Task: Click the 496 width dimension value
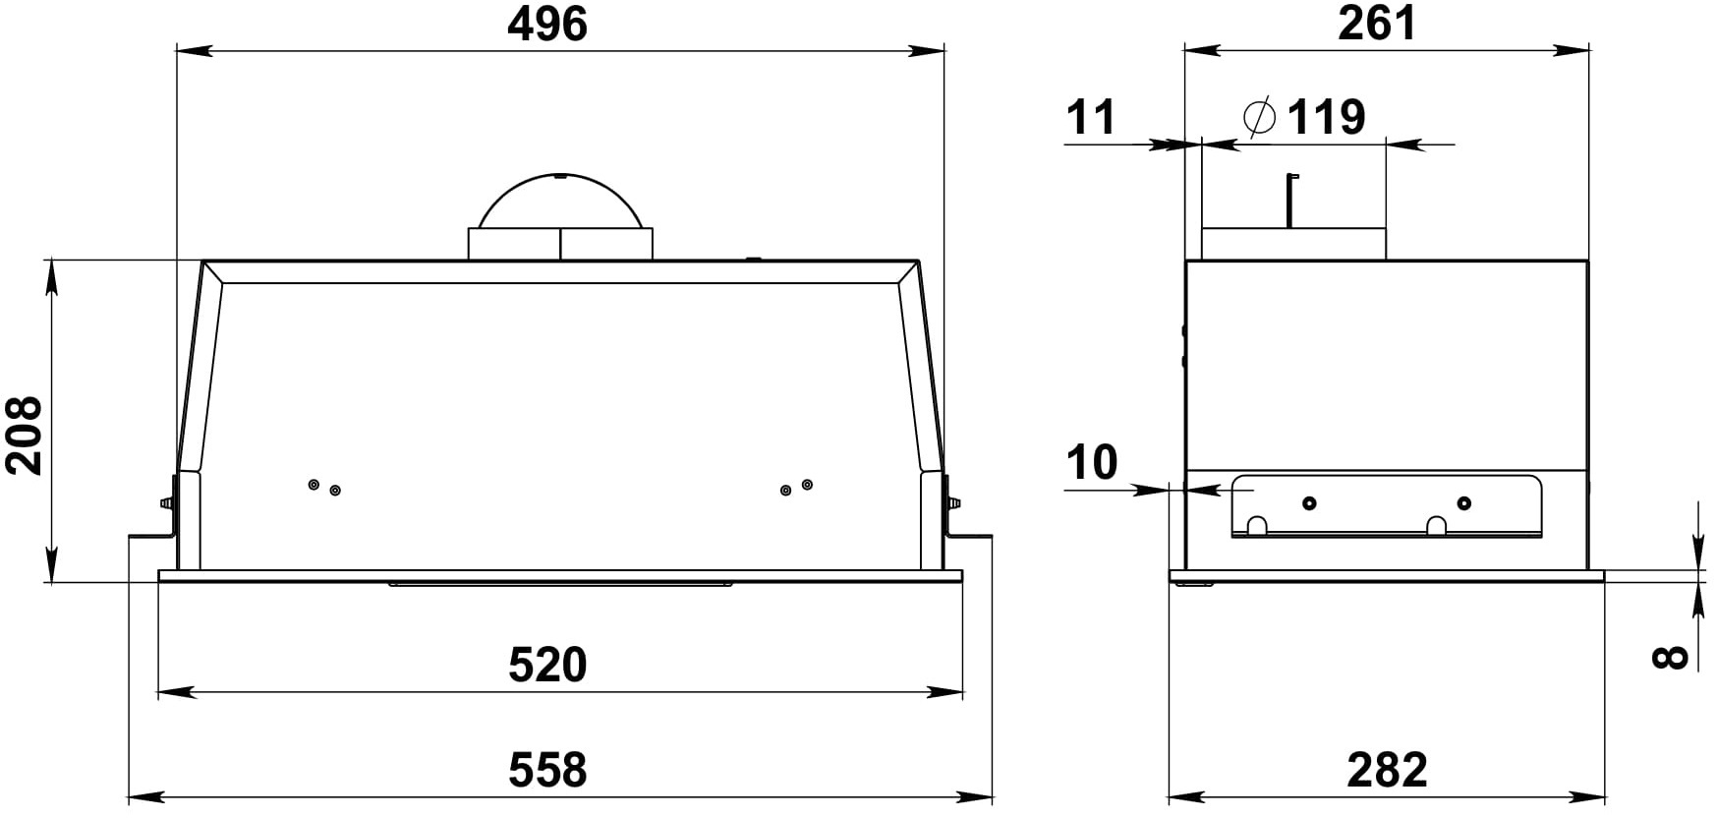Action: pyautogui.click(x=547, y=24)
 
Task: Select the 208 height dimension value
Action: pyautogui.click(x=25, y=436)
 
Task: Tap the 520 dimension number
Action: pyautogui.click(x=547, y=665)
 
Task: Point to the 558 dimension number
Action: pyautogui.click(x=547, y=769)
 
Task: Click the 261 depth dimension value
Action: pyautogui.click(x=1378, y=23)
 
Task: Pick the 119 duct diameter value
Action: pyautogui.click(x=1327, y=117)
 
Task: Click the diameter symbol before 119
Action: pyautogui.click(x=1259, y=117)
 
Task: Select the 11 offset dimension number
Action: pyautogui.click(x=1092, y=117)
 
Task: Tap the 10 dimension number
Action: pyautogui.click(x=1092, y=462)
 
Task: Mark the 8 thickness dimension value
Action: pyautogui.click(x=1670, y=657)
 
